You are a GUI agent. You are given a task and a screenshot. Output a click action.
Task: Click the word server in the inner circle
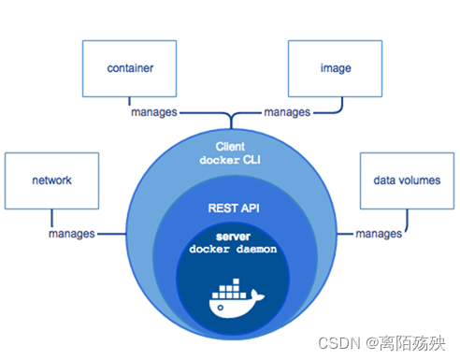pyautogui.click(x=230, y=238)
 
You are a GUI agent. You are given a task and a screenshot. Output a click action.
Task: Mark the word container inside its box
pyautogui.click(x=130, y=68)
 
